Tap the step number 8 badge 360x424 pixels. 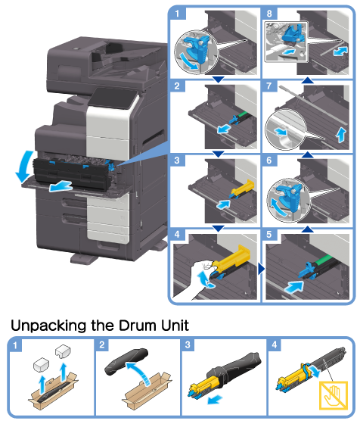coord(269,14)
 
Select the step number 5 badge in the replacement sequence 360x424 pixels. coord(269,234)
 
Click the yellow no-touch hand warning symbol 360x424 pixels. coord(334,395)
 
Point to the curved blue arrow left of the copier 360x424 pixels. coord(23,167)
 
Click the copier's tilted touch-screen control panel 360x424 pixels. coord(113,98)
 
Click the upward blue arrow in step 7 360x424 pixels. coord(342,135)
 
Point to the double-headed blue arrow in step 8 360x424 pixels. coord(340,51)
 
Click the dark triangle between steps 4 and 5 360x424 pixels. coord(261,269)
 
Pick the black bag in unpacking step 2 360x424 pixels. coord(126,361)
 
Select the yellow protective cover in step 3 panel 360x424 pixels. coord(242,189)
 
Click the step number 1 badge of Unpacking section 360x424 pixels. coord(15,345)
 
